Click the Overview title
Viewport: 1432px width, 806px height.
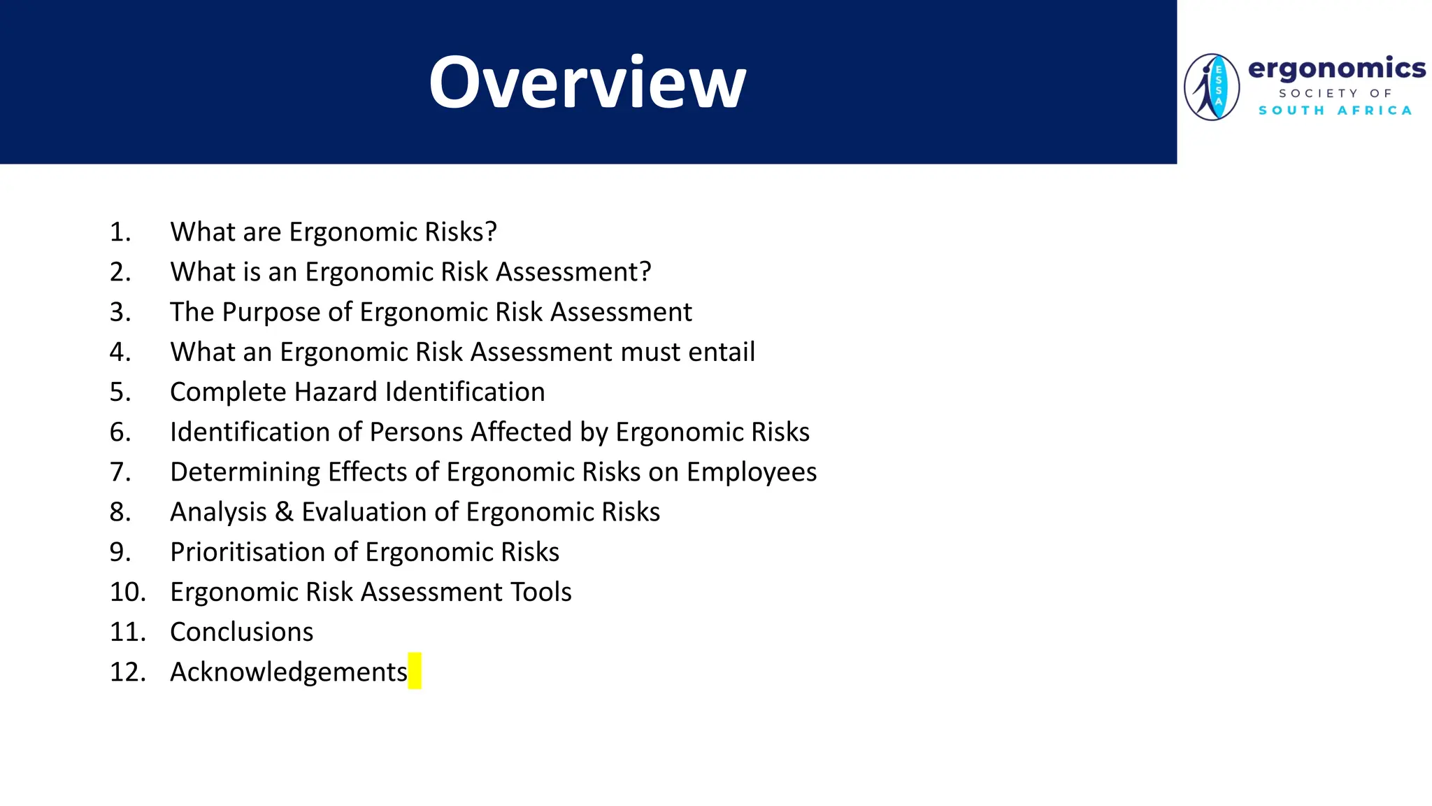pos(587,83)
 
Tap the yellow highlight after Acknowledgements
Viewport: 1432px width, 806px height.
pos(415,671)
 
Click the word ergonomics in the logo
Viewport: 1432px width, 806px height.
pos(1336,69)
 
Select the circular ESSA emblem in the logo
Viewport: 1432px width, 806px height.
pos(1212,87)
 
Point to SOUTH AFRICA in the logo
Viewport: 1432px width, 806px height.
pos(1335,111)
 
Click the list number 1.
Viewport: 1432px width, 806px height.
pos(120,232)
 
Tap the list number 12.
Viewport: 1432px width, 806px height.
pos(127,672)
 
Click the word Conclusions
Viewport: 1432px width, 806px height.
pos(241,632)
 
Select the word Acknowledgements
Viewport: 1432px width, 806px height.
pos(288,672)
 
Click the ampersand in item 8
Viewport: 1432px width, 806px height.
pos(284,512)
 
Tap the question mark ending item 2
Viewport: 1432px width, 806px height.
pos(644,272)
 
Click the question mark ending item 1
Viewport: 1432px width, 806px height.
pos(490,232)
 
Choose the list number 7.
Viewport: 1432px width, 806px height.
pos(120,472)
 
